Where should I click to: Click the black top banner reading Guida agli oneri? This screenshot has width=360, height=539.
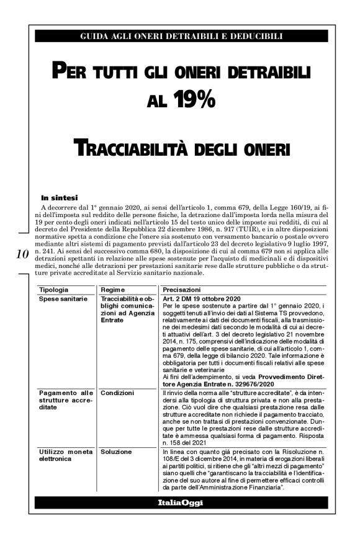[x=181, y=36]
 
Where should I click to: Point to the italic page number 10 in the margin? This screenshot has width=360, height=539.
[x=22, y=254]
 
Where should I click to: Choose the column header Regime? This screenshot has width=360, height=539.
[x=112, y=290]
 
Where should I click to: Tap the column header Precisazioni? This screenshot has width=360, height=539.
[x=181, y=290]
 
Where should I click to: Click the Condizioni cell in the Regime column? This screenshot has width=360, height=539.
[x=117, y=393]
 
